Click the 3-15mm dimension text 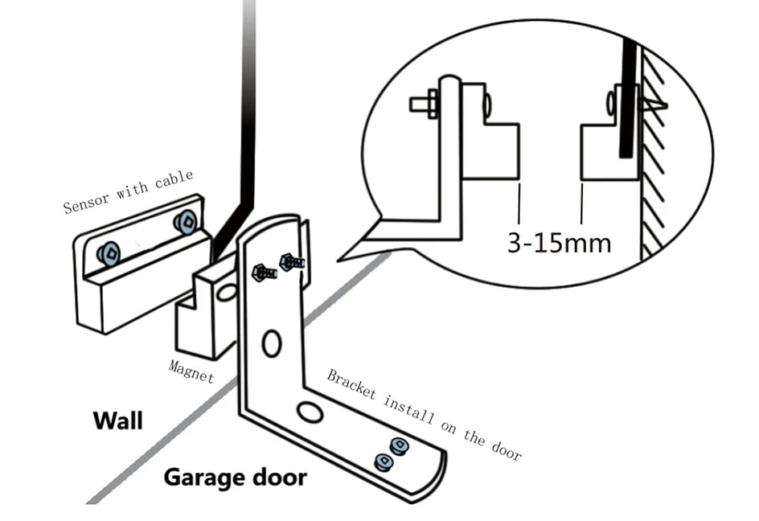(559, 241)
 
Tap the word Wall (117, 420)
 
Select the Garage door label (235, 477)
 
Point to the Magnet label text (191, 371)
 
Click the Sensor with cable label (129, 192)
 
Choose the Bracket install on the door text (424, 414)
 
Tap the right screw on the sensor (186, 219)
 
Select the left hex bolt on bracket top (263, 272)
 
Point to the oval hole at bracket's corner (306, 412)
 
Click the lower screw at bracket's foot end (384, 462)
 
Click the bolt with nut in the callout (423, 104)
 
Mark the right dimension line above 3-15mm (581, 204)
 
